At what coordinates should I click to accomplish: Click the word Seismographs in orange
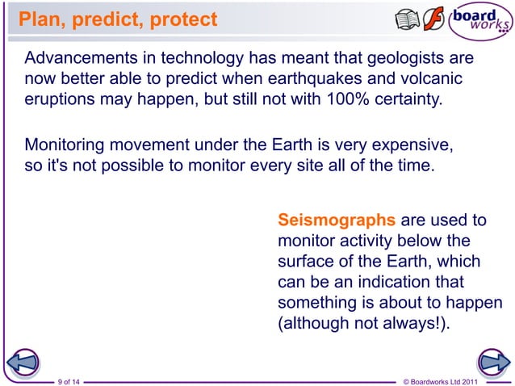[x=336, y=220]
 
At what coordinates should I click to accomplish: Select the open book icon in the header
[x=407, y=19]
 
